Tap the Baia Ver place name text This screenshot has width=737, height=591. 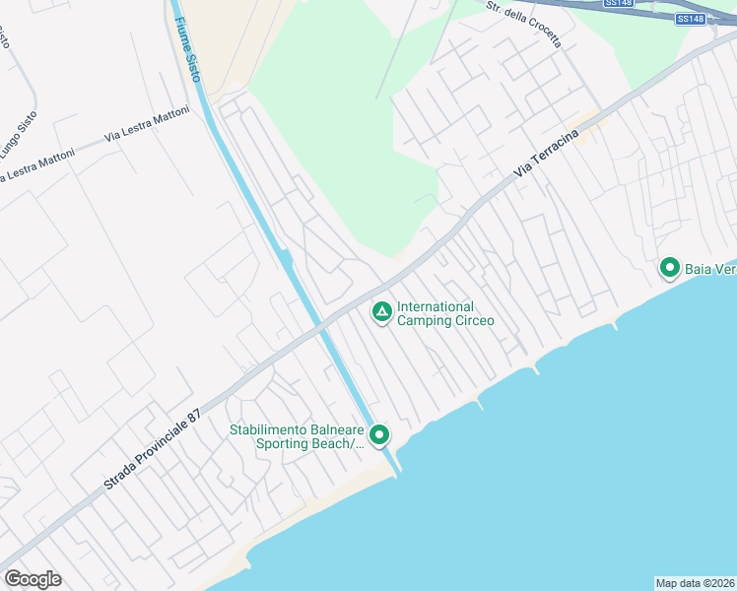(x=710, y=268)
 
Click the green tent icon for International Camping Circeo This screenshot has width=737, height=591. (x=381, y=312)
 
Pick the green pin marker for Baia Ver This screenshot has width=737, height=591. (x=670, y=267)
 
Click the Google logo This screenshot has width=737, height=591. (x=33, y=579)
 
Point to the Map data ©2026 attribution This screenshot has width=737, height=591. (x=695, y=583)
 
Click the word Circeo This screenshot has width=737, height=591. (x=474, y=320)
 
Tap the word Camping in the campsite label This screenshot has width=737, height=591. (x=424, y=320)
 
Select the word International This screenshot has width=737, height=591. (x=435, y=306)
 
